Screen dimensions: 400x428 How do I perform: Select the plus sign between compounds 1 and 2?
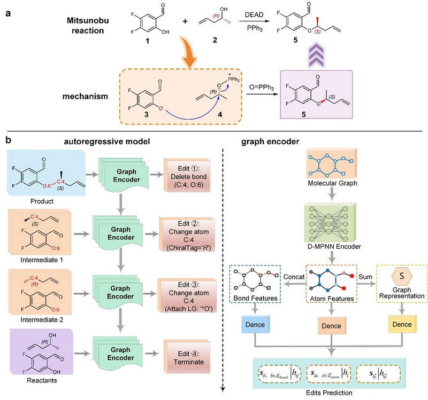tap(186, 23)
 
